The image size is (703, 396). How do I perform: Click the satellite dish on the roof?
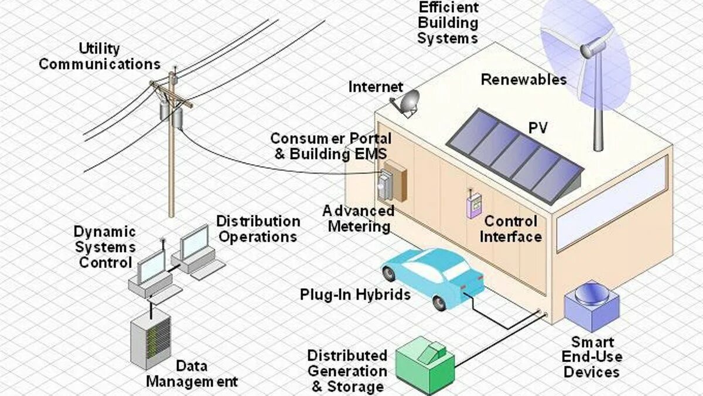tap(407, 102)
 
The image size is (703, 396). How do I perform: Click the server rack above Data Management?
tap(150, 341)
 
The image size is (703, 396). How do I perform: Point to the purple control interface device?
tap(472, 206)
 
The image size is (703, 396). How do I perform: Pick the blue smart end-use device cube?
tap(591, 306)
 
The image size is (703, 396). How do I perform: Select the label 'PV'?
tap(538, 128)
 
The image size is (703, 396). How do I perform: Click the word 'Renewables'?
tap(524, 80)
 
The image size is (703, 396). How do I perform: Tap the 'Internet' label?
tap(376, 87)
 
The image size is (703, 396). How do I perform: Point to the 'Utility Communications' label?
tap(100, 56)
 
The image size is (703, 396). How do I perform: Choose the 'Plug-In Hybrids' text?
tap(355, 295)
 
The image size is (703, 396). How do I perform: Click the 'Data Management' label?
tap(192, 374)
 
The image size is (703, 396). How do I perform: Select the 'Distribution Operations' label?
tap(258, 229)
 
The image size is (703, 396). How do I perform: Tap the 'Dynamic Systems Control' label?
tap(105, 247)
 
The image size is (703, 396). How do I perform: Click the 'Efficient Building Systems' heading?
tap(448, 23)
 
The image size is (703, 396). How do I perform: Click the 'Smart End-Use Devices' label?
tap(591, 357)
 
